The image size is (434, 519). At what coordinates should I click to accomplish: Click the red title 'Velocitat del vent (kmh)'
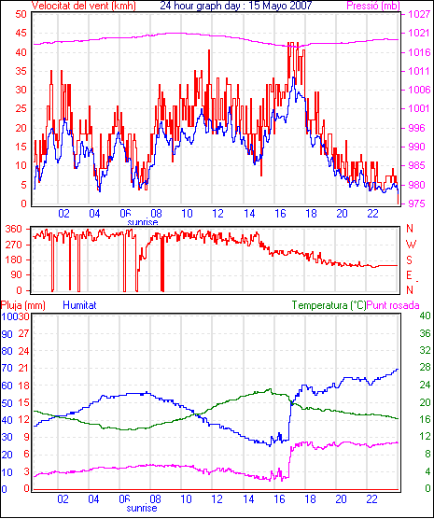84,6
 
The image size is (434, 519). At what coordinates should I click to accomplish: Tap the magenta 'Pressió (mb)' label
373,6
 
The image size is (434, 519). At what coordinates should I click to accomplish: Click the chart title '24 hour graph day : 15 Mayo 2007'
236,6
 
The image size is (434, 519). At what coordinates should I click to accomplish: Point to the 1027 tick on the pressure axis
419,14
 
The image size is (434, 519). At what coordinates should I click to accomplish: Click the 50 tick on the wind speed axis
21,14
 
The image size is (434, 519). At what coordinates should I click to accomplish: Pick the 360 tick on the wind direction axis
14,229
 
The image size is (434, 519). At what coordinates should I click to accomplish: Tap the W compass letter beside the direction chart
411,245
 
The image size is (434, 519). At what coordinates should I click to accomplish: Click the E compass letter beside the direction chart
410,275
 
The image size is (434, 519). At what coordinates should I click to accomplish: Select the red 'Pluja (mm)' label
23,305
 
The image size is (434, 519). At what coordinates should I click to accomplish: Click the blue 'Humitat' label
79,305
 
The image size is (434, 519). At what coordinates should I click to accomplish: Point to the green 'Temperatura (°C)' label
329,305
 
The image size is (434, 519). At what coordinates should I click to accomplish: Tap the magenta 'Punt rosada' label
393,305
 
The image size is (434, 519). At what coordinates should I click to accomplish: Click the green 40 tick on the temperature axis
425,316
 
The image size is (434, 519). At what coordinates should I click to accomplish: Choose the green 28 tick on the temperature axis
425,368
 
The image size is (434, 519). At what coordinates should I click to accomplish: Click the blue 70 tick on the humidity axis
7,368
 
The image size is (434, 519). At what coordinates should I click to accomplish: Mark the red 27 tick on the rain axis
23,333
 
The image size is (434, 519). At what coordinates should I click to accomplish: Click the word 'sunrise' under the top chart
143,222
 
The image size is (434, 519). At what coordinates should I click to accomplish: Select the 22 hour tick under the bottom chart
372,498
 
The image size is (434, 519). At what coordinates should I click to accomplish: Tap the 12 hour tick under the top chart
217,214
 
